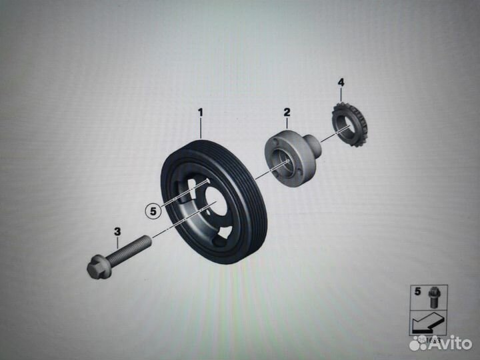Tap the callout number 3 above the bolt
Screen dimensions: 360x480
pos(117,232)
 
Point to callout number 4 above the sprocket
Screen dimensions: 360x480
pos(341,83)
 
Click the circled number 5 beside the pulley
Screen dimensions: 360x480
pos(153,211)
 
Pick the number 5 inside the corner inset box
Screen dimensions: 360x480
pos(417,291)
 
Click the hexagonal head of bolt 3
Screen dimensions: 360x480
pos(96,269)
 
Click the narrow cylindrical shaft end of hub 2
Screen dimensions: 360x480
pos(313,145)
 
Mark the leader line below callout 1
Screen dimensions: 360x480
pos(199,128)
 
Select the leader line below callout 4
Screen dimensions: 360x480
pos(341,95)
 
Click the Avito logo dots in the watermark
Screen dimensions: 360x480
pos(418,343)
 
